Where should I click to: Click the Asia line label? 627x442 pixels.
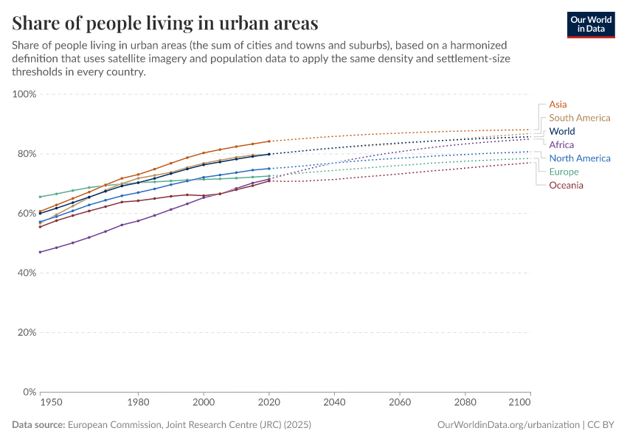(558, 105)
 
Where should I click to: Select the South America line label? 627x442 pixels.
(579, 118)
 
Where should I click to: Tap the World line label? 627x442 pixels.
(562, 131)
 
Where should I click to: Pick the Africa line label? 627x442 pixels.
(561, 144)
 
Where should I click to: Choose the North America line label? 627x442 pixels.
(579, 158)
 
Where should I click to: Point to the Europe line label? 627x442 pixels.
(564, 172)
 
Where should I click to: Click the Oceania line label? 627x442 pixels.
(566, 185)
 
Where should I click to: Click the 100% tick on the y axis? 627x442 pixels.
(24, 94)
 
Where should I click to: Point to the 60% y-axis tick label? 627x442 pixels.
(27, 214)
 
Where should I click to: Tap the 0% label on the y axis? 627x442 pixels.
(30, 392)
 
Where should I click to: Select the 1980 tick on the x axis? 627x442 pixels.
(138, 403)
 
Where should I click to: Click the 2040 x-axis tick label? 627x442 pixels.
(334, 403)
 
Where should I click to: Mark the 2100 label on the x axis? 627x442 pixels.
(519, 403)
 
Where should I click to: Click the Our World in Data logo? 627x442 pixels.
(590, 24)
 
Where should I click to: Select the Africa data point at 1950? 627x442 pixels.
(40, 252)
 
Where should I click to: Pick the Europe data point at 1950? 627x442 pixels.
(40, 197)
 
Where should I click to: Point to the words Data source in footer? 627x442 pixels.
(38, 425)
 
